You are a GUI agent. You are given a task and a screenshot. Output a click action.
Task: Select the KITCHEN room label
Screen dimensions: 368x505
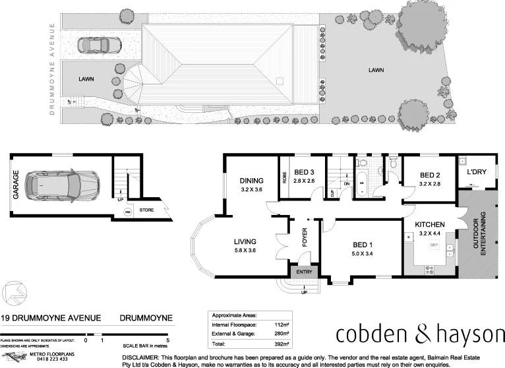coord(429,224)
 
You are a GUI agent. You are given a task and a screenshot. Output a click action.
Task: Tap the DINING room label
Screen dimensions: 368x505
coord(252,181)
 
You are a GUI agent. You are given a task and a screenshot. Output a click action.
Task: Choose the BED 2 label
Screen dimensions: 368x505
coord(430,175)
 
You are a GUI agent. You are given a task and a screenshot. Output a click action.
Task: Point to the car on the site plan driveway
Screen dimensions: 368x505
coord(96,46)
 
